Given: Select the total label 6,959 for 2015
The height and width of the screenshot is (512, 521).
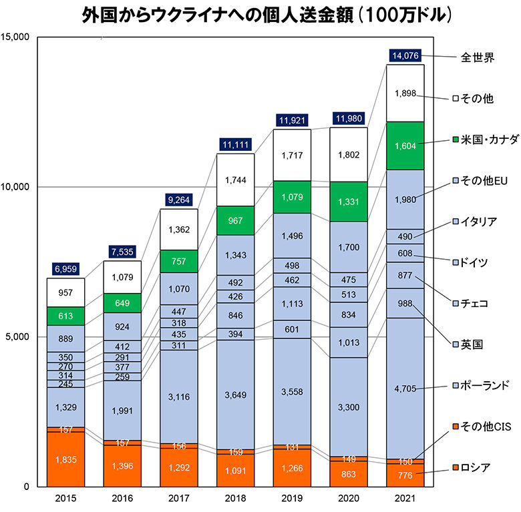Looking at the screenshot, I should click(x=65, y=270).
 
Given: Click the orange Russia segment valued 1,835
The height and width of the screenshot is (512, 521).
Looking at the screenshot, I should click(x=65, y=460).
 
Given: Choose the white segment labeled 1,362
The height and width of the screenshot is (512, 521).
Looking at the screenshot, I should click(x=178, y=230).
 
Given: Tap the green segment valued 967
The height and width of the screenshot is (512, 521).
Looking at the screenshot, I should click(x=235, y=220).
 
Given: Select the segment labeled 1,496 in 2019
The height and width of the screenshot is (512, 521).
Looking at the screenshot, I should click(x=292, y=236).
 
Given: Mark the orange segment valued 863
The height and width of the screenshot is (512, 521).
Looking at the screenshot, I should click(x=349, y=473).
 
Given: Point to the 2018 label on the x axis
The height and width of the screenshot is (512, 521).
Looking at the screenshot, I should click(x=235, y=498).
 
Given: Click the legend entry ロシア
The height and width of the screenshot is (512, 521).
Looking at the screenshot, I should click(x=476, y=467).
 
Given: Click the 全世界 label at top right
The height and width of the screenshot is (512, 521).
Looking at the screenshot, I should click(x=477, y=57).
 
